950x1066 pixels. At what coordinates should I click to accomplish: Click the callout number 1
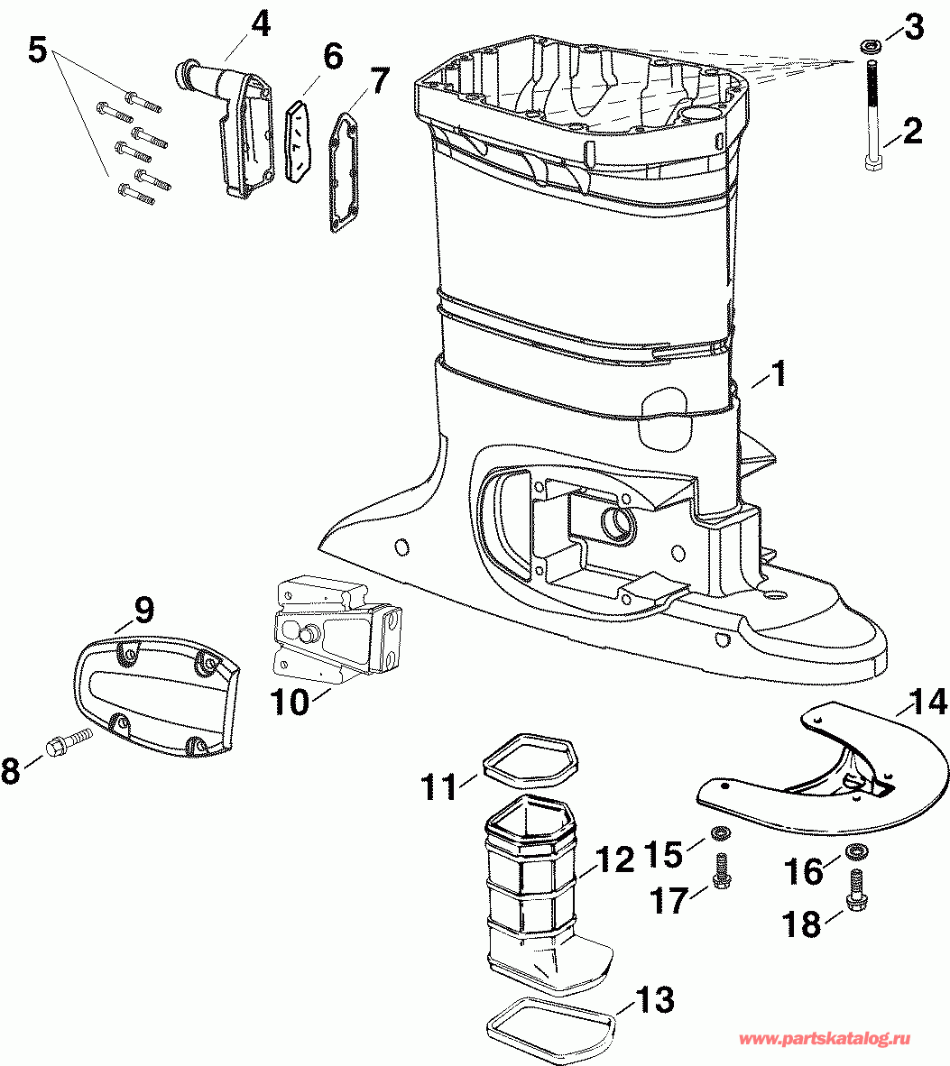pos(778,374)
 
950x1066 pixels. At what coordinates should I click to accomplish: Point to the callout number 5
pos(38,50)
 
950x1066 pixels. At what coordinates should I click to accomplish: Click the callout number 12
pos(614,860)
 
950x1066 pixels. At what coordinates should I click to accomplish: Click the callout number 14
pos(927,702)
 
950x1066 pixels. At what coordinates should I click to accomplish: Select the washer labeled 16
pos(855,850)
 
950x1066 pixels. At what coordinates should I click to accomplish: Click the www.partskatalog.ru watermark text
pos(824,1038)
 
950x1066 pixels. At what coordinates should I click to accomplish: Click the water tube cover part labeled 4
pos(225,128)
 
